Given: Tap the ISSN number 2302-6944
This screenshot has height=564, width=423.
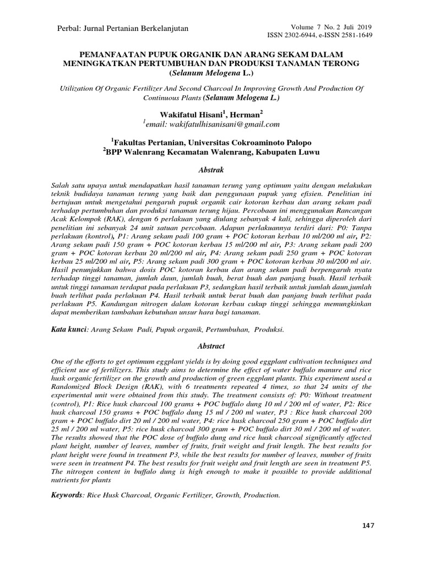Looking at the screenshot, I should pyautogui.click(x=301, y=35).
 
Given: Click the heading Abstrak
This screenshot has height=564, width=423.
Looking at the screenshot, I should pyautogui.click(x=211, y=171).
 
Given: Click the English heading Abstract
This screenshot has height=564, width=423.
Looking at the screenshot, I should pyautogui.click(x=211, y=346).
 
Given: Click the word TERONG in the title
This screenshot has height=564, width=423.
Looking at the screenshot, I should pyautogui.click(x=342, y=64).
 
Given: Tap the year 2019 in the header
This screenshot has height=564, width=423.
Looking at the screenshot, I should pyautogui.click(x=364, y=26).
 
